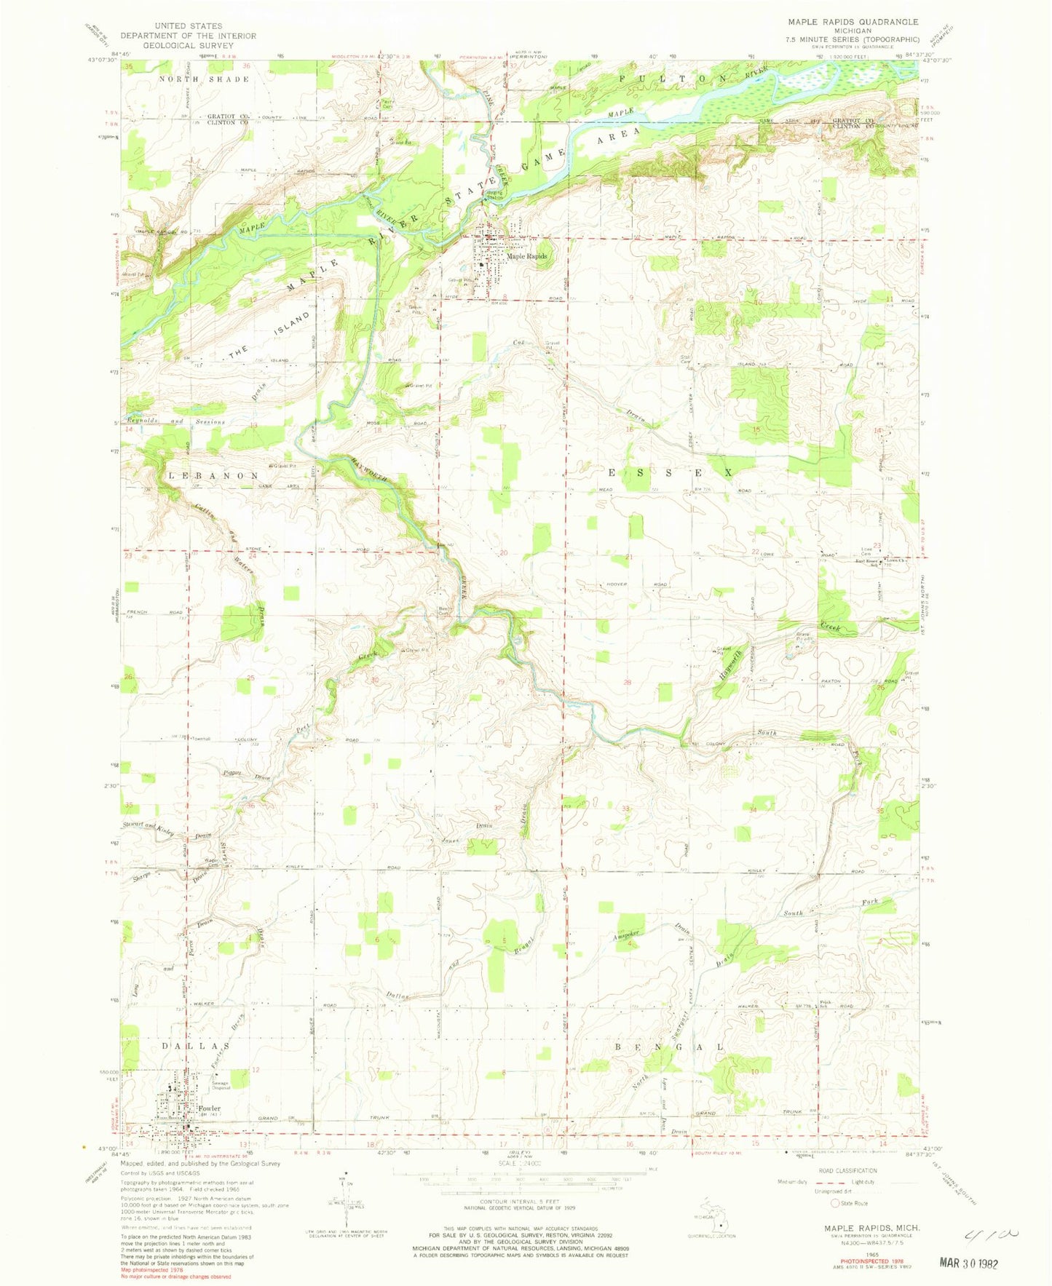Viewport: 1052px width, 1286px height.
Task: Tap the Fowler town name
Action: [x=207, y=1108]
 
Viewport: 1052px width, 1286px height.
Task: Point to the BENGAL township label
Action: [x=669, y=1047]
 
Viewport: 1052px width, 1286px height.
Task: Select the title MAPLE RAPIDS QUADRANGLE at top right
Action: [x=847, y=22]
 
